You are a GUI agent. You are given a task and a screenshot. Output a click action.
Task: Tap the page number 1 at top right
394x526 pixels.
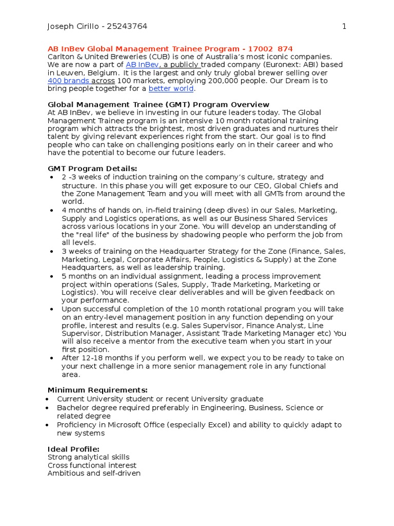(344, 27)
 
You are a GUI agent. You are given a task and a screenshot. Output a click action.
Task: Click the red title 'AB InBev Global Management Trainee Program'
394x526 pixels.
(143, 49)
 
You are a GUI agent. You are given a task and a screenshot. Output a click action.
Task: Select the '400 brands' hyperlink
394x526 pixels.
(69, 81)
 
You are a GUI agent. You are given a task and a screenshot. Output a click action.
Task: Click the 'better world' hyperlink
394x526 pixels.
(171, 89)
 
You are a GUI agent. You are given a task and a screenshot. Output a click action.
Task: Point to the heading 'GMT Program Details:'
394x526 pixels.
(92, 169)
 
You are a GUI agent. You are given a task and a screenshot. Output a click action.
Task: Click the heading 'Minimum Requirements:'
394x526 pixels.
(97, 390)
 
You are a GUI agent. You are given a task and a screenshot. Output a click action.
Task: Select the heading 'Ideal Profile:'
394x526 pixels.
(73, 449)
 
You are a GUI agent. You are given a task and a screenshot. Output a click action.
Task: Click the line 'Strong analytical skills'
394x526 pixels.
(88, 457)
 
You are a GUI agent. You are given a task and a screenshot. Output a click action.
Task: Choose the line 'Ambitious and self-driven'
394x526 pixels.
(94, 473)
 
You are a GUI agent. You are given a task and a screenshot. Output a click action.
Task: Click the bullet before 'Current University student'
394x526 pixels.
(47, 399)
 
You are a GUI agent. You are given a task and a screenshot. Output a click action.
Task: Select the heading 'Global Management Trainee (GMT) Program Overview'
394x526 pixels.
(159, 105)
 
